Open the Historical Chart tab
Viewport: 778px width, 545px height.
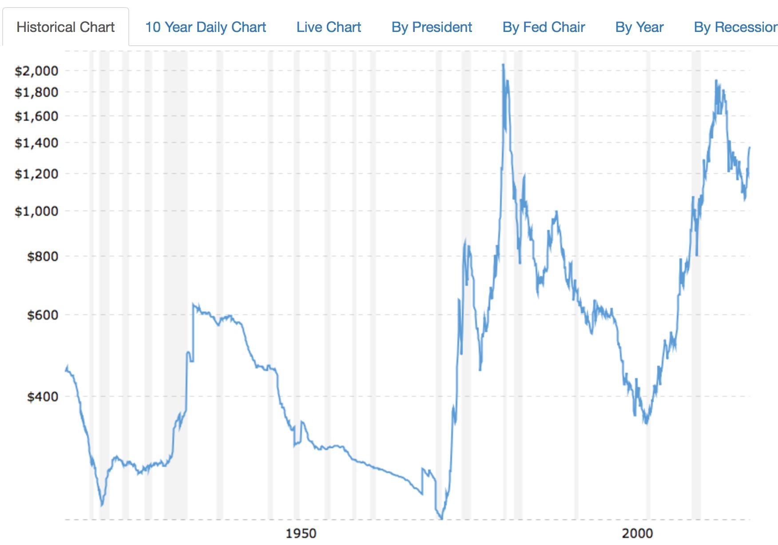pos(66,27)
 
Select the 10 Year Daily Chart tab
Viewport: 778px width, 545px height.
pos(206,27)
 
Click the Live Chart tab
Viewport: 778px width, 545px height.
pos(329,27)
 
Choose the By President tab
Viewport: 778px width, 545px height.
pos(432,27)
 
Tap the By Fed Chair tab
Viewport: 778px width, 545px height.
pos(544,27)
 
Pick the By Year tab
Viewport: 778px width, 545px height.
pos(639,27)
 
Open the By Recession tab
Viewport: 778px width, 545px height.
pos(735,27)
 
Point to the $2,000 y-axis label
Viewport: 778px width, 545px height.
pos(36,71)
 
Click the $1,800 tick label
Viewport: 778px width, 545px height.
pos(36,92)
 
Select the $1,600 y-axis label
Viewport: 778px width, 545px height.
pos(36,116)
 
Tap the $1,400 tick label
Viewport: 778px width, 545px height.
pos(36,143)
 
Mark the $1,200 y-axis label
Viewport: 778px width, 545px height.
pos(36,174)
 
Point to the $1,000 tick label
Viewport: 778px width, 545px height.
pos(36,211)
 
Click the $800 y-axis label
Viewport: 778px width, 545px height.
pos(43,257)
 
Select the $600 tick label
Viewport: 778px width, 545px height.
pos(43,315)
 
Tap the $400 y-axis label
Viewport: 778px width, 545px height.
pos(43,397)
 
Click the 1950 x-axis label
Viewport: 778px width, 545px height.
pos(301,533)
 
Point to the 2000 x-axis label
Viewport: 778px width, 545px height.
pos(637,533)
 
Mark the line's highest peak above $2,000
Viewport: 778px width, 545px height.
pos(503,65)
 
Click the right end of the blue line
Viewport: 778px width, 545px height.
pos(750,148)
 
